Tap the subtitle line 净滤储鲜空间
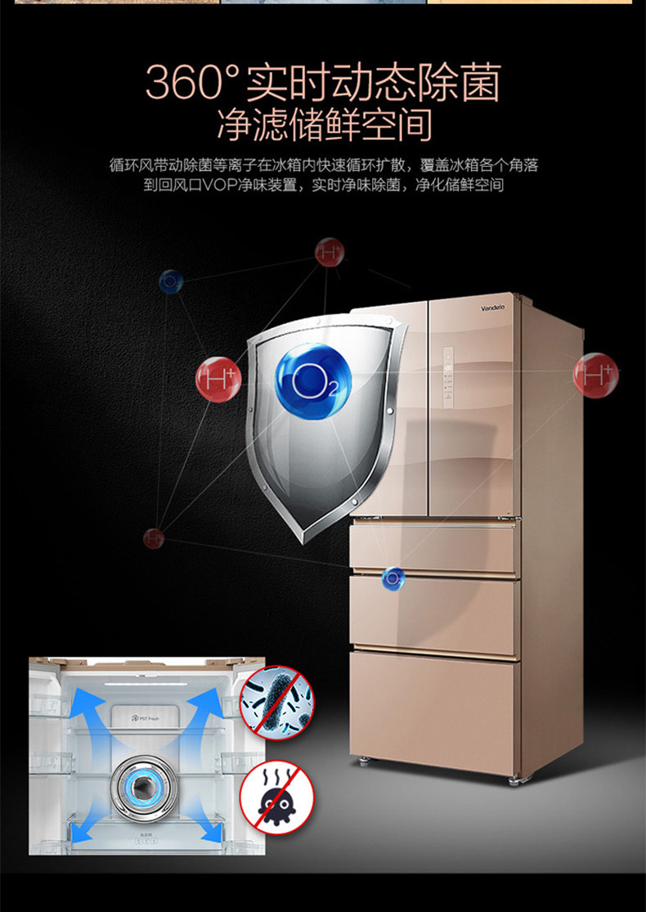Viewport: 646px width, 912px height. click(x=324, y=125)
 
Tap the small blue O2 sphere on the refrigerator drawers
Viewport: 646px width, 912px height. click(x=392, y=578)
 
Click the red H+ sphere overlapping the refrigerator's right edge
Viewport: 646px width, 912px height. click(x=596, y=375)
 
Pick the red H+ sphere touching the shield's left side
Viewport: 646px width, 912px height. click(x=218, y=379)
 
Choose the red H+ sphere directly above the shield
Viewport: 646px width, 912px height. click(x=330, y=252)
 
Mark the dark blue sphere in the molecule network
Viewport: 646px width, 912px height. click(x=171, y=281)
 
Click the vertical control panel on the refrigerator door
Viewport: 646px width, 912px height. click(x=448, y=378)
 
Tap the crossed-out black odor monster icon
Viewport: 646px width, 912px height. click(x=276, y=797)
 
